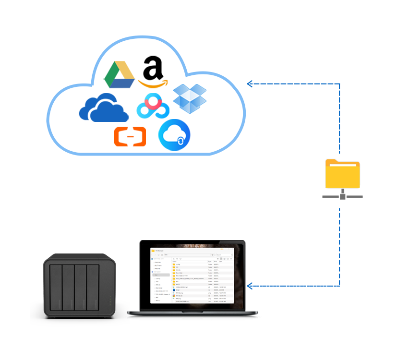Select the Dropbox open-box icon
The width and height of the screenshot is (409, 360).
click(190, 99)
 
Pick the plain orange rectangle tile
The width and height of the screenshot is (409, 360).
click(130, 136)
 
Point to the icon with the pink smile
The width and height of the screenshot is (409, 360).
click(153, 107)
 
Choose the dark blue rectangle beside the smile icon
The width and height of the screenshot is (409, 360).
click(104, 107)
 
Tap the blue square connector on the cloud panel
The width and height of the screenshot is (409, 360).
click(249, 84)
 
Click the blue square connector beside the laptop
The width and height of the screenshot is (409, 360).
click(250, 287)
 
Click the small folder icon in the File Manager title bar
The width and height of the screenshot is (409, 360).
click(153, 251)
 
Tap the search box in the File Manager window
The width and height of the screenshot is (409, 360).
click(224, 255)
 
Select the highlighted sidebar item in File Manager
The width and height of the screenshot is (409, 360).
click(161, 275)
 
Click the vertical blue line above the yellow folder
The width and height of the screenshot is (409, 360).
click(340, 120)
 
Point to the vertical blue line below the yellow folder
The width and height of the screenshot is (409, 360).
click(340, 247)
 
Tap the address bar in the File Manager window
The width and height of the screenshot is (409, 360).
click(187, 255)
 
